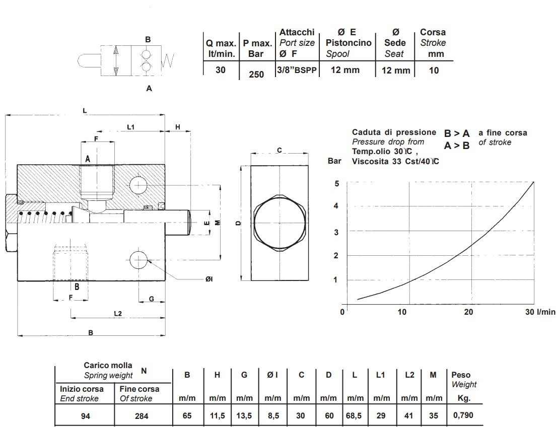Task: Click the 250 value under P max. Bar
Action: [256, 74]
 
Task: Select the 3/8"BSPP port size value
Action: [297, 70]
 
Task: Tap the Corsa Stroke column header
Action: [433, 43]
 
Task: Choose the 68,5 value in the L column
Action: [355, 416]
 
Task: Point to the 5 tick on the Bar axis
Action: [337, 183]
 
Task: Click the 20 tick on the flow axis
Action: [468, 312]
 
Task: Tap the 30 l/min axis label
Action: [540, 312]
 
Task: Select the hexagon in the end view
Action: [279, 222]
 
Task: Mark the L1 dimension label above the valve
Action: [130, 127]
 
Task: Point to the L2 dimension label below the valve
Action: [117, 313]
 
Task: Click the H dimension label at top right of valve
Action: [178, 127]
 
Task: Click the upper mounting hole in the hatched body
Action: [137, 185]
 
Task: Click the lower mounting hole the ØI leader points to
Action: [137, 260]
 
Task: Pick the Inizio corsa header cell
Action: [82, 394]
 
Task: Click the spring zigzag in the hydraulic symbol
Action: [168, 62]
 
